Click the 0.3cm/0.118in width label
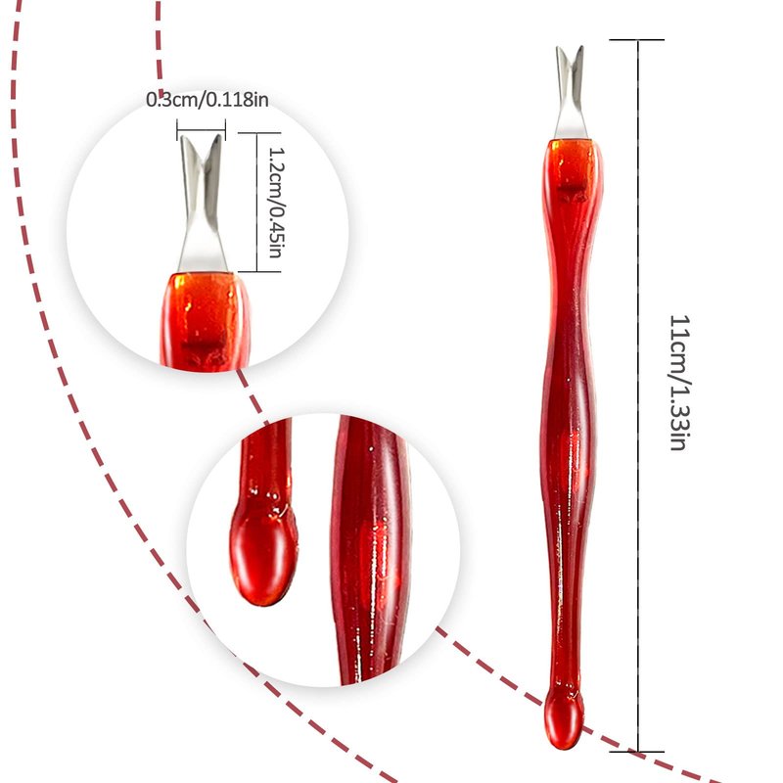tap(207, 99)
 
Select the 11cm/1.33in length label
tap(676, 382)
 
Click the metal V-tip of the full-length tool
tap(571, 93)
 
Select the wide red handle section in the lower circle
tap(369, 548)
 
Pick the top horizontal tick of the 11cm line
tap(638, 40)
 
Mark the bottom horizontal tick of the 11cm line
tap(638, 752)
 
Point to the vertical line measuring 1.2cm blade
tap(258, 203)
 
